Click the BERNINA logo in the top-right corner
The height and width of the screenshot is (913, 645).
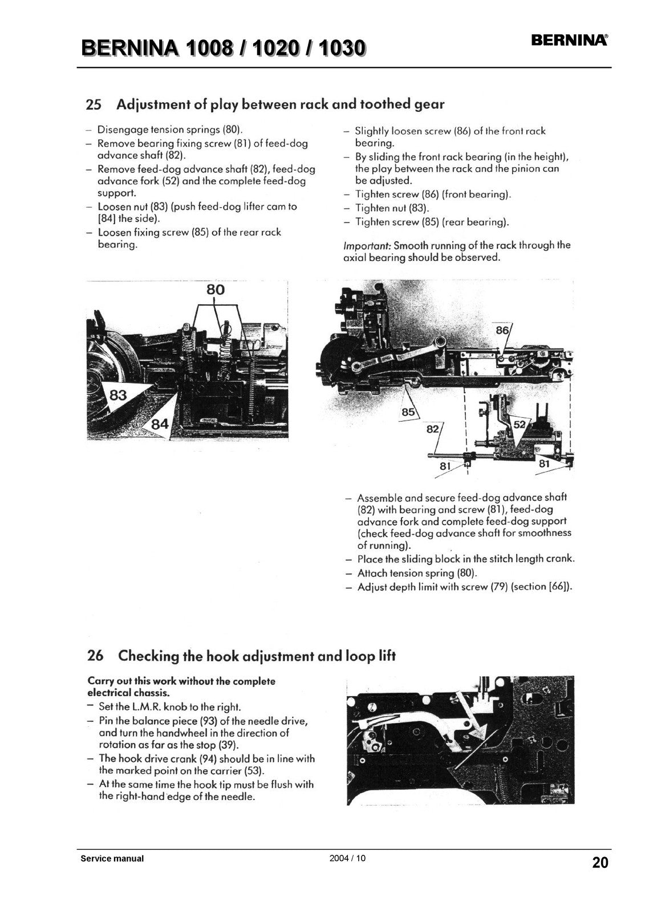click(x=569, y=40)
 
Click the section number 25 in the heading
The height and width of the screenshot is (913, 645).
click(x=94, y=105)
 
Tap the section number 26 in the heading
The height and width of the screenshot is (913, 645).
click(x=95, y=656)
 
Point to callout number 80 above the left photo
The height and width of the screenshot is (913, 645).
click(x=215, y=290)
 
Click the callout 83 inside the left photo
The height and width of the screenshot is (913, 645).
click(x=118, y=394)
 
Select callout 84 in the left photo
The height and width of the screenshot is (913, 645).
click(x=159, y=423)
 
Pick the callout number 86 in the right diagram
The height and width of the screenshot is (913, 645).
click(x=502, y=330)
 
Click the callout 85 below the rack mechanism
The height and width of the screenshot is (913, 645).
click(x=408, y=411)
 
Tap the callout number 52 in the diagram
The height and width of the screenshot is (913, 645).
click(x=520, y=425)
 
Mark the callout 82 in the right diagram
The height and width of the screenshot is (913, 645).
click(x=433, y=429)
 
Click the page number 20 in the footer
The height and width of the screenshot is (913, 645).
click(x=600, y=862)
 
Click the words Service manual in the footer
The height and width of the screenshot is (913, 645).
click(x=112, y=858)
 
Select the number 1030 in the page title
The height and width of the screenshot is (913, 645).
click(x=342, y=49)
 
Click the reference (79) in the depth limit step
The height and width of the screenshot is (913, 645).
click(x=500, y=587)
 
